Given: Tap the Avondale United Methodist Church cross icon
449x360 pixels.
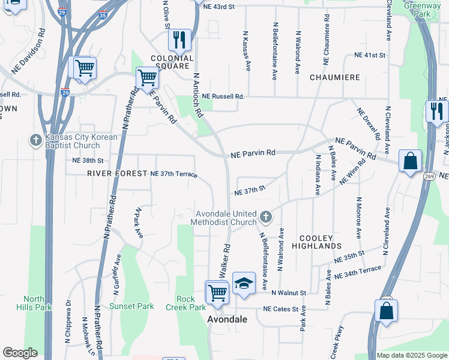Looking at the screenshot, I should (x=265, y=215).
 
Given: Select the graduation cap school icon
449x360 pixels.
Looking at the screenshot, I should (x=244, y=283).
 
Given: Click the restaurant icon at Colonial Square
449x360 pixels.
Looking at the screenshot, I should (x=179, y=40).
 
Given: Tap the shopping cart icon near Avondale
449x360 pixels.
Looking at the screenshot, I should (x=217, y=292).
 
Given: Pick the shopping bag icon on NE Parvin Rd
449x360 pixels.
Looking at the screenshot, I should (x=410, y=161).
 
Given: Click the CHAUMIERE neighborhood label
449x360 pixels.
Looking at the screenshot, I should (x=334, y=78).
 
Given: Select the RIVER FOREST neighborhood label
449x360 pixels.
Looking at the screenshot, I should (x=117, y=173).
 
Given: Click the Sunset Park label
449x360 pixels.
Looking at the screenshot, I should (x=131, y=306).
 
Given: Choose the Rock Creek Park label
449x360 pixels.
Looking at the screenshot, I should (x=191, y=303).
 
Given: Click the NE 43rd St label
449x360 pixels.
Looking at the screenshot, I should (x=218, y=5).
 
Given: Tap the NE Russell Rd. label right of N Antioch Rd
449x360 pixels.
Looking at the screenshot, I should (x=223, y=96).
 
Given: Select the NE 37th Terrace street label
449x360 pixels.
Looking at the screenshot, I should (x=173, y=173).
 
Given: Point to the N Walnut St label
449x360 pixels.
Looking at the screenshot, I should (x=289, y=293).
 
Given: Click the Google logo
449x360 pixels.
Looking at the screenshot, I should (x=20, y=353).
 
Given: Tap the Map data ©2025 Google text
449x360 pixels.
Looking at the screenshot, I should (x=411, y=355).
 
